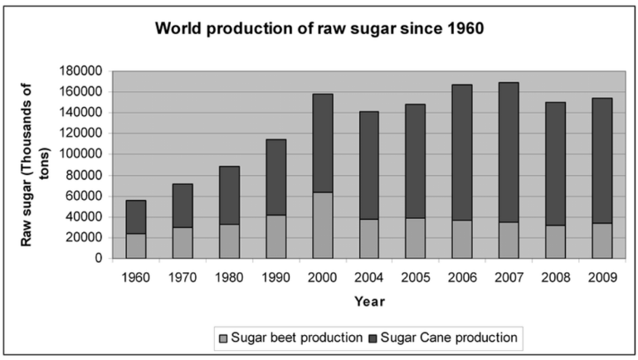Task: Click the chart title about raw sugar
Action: (x=319, y=31)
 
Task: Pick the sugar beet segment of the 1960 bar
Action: (x=135, y=246)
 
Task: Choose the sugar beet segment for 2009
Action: (x=601, y=241)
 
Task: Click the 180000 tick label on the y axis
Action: (x=89, y=71)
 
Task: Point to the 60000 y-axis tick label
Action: (x=92, y=196)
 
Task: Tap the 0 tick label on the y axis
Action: (x=104, y=259)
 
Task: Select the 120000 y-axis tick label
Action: (x=89, y=134)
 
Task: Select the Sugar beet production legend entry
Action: (x=290, y=337)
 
